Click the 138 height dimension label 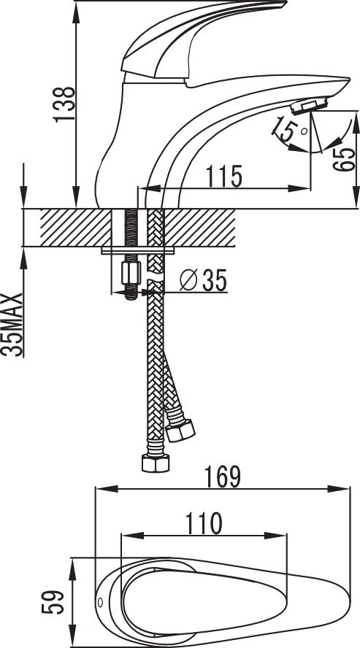coord(64,104)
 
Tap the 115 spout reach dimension coord(223,176)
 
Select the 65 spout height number coord(345,159)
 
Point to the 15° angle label coord(286,129)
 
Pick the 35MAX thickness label coord(12,325)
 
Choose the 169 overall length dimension coord(223,477)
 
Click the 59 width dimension coord(53,602)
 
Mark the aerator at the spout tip coord(309,107)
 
